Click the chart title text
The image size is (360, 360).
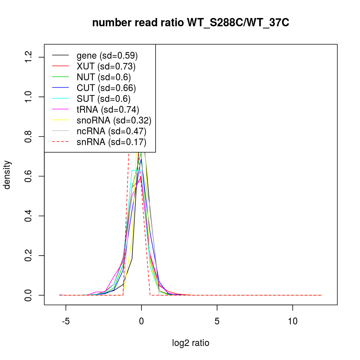(x=191, y=23)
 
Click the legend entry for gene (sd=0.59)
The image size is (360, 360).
(x=107, y=56)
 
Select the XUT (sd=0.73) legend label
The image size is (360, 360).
(x=106, y=67)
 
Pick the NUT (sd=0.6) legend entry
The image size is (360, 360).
(x=104, y=77)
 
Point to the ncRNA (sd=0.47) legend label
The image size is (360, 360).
(x=111, y=131)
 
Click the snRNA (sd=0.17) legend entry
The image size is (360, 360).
(x=111, y=142)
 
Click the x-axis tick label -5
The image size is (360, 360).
(x=66, y=321)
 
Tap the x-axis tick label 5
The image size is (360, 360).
(x=217, y=321)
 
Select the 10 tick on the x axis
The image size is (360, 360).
(x=293, y=321)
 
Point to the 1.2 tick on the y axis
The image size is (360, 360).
(x=28, y=57)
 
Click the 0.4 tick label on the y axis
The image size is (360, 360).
(x=28, y=216)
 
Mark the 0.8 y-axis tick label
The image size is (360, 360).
(x=28, y=137)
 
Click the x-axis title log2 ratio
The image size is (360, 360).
(x=191, y=343)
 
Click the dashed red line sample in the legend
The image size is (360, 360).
(x=60, y=142)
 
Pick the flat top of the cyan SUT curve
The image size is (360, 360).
(x=137, y=170)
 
